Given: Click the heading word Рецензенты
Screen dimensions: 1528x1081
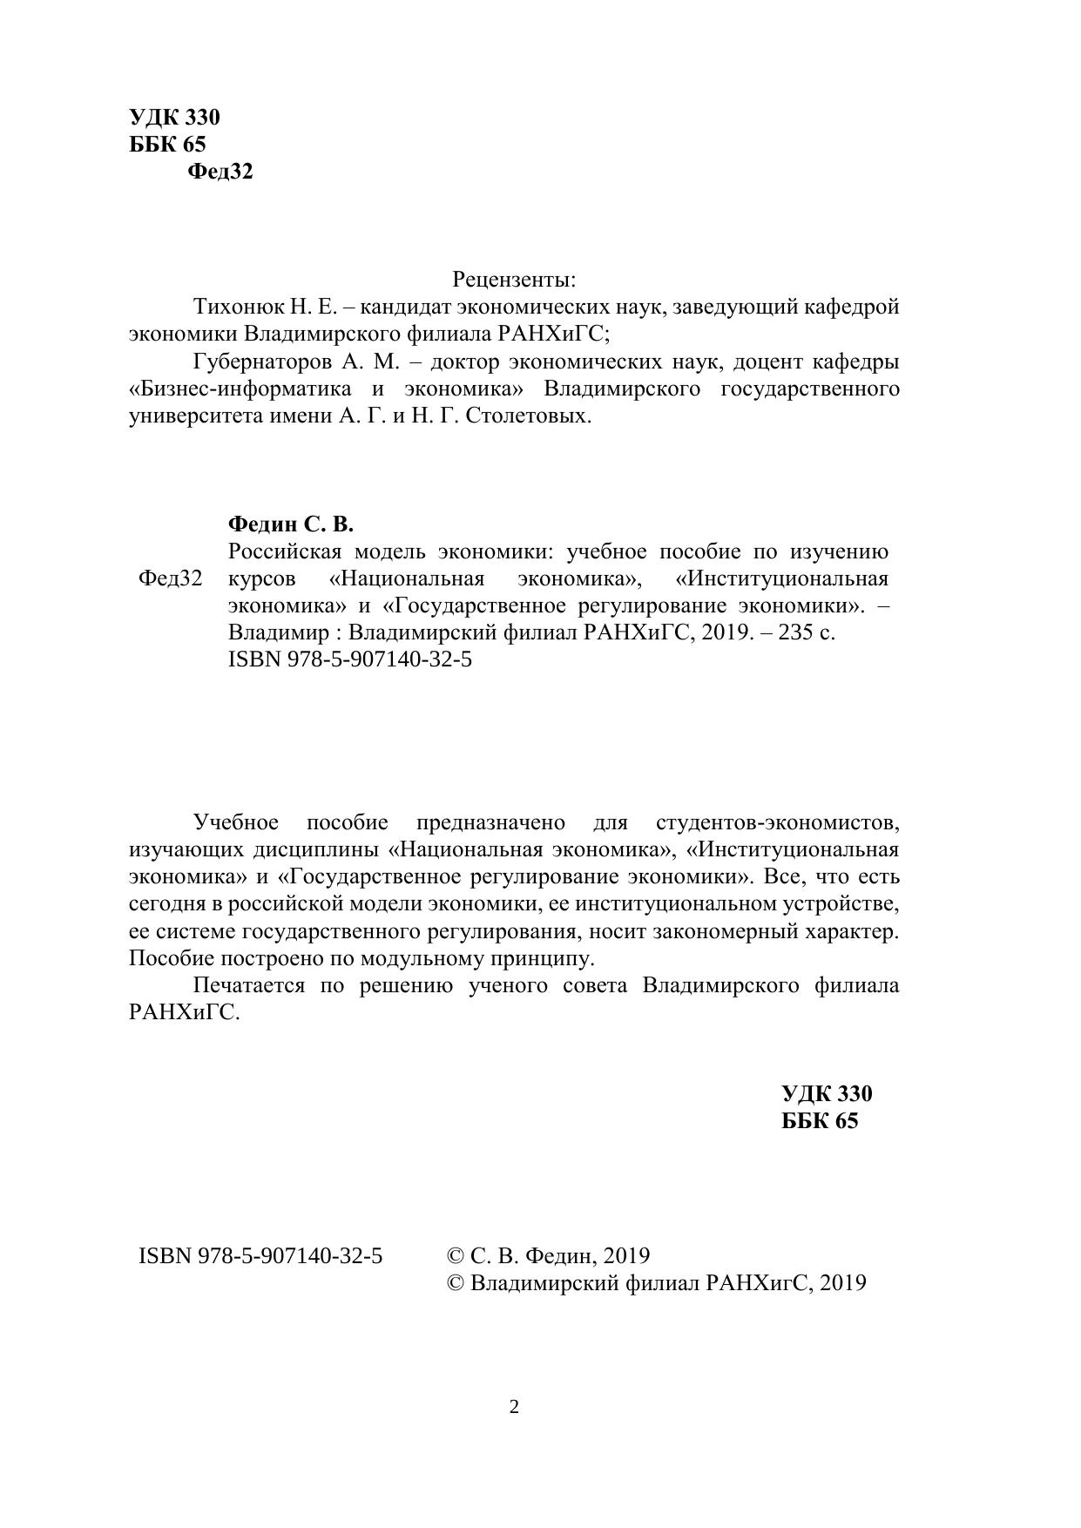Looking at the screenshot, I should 514,281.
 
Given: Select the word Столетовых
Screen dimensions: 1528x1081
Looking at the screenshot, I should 529,416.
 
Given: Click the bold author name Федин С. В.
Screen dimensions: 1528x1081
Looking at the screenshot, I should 290,524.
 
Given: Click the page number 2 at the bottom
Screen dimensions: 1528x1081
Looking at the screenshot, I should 514,1406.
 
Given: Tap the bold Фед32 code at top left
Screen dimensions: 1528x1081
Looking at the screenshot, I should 220,172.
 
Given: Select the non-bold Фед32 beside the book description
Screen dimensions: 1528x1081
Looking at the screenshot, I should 170,578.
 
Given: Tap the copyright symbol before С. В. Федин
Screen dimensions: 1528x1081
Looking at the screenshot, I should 455,1256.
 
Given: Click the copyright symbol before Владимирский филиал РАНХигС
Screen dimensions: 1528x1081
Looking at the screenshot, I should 455,1283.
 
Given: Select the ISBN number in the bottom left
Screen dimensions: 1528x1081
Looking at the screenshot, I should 260,1256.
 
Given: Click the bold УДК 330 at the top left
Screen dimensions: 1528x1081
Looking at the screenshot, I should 174,118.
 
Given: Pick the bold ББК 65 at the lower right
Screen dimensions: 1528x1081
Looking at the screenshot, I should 820,1121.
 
